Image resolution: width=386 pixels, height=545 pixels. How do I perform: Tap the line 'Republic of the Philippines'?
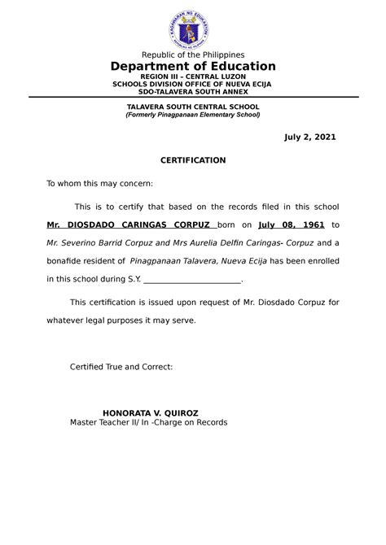[x=193, y=54]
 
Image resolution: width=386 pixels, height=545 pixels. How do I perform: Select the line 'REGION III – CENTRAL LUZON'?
[x=193, y=77]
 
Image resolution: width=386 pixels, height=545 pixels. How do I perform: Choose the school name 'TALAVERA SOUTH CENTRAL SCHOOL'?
[x=193, y=107]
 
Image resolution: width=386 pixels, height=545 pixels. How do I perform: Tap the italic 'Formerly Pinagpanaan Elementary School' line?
[x=193, y=115]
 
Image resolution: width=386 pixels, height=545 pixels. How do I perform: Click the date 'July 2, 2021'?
[x=309, y=137]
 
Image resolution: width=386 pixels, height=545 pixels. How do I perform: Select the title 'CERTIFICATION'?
[x=193, y=160]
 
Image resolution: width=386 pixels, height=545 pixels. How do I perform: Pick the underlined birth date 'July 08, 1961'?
[x=286, y=225]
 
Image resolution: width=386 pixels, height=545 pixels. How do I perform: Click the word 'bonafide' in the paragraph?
[x=64, y=261]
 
